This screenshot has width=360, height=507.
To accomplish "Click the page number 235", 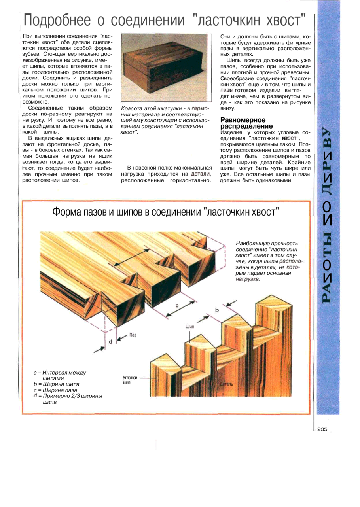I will coord(322,429).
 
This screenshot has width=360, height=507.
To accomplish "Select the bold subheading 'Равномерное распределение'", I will coord(243,123).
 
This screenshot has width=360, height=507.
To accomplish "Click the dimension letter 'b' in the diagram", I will coord(217,310).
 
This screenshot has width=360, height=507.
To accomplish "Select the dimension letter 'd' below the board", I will coord(110,341).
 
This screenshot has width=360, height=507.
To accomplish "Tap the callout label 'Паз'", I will coord(133,335).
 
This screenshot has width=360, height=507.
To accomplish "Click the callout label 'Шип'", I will coord(190,327).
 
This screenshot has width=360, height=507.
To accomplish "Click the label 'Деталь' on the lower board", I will coord(226,384).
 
